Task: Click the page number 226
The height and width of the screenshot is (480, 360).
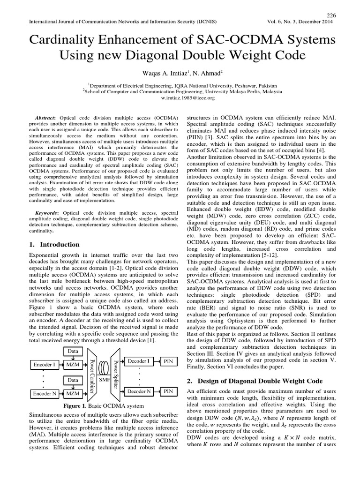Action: pos(331,15)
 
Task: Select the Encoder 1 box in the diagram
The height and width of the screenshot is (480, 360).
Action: pos(44,364)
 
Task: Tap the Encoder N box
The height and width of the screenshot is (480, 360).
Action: pos(44,394)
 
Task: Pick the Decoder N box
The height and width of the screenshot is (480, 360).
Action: pos(139,391)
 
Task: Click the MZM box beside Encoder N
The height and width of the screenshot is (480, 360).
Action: pos(72,394)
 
